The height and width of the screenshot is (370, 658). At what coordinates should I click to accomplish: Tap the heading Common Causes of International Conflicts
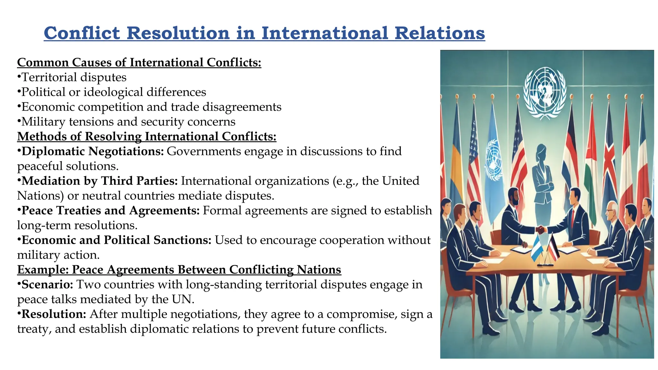coord(139,62)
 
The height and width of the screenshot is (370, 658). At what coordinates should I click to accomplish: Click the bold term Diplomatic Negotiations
coord(93,151)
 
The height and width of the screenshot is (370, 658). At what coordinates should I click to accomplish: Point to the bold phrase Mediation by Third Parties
coord(99,181)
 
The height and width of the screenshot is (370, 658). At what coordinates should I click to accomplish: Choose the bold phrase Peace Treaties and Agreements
coord(110,210)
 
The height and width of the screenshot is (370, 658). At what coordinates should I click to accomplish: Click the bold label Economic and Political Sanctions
coord(116,240)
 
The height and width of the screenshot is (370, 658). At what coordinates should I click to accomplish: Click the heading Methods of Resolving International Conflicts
coord(147,137)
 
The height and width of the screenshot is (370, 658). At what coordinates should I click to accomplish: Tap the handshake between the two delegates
coord(541,230)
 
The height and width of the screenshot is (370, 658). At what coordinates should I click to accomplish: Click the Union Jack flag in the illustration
coord(609,161)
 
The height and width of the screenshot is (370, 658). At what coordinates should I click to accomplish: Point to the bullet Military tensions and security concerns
coord(128,122)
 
